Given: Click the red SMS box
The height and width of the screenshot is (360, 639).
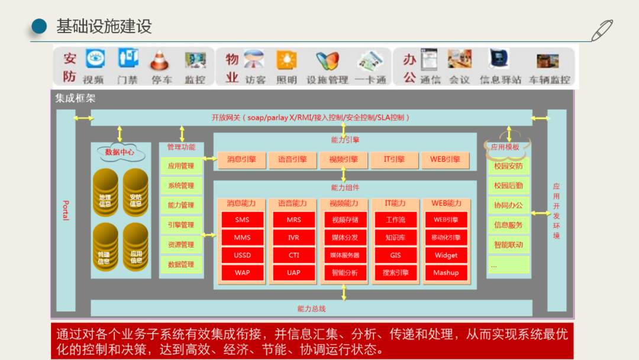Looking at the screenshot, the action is click(242, 220).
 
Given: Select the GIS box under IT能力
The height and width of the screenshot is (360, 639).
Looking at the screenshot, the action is click(395, 255).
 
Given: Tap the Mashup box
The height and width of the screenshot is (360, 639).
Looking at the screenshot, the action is click(446, 273).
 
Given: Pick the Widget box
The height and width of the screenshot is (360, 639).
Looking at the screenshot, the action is click(446, 255).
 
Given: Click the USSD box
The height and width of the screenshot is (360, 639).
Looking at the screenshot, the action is click(242, 255).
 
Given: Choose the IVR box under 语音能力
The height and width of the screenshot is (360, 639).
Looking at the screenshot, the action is click(293, 237).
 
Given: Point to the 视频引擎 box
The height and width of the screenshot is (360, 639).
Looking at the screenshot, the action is click(343, 159).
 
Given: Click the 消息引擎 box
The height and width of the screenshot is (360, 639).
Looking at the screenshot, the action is click(241, 159).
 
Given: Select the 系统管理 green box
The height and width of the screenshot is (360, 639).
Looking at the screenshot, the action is click(181, 185).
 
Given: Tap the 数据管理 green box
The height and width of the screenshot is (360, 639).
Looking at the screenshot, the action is click(181, 265).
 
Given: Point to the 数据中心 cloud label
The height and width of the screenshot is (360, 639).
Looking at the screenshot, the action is click(120, 152).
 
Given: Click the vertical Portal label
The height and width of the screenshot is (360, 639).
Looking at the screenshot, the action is click(66, 210).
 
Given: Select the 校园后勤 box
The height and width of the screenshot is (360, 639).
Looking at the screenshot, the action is click(508, 185).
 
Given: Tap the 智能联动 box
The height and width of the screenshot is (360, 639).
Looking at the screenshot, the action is click(508, 245).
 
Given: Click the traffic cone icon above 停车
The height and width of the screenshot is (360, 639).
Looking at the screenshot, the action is click(160, 60).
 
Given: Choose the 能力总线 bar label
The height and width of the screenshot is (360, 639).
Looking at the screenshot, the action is click(311, 308).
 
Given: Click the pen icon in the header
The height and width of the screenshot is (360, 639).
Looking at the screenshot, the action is click(602, 30).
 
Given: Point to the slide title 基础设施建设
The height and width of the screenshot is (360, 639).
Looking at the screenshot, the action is click(104, 26).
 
